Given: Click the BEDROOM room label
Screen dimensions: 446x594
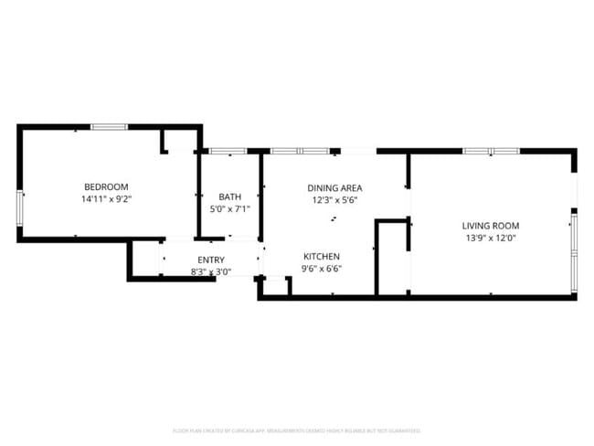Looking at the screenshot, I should [x=105, y=186].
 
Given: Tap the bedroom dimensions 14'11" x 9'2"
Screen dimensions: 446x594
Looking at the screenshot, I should [x=105, y=198].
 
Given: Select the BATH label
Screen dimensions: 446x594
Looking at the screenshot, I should [x=229, y=196].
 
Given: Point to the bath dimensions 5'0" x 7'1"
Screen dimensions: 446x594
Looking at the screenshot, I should [x=229, y=208].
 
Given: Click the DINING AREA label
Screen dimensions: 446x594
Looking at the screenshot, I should [x=334, y=187].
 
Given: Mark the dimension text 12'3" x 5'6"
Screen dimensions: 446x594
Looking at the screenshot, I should [x=334, y=199].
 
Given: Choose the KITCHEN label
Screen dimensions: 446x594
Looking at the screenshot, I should [x=322, y=257].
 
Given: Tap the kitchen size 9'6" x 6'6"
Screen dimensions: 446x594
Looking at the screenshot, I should [x=322, y=269].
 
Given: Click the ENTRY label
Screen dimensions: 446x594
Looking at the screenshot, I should [x=211, y=260].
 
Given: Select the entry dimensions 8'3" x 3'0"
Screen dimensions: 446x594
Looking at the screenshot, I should [x=211, y=271].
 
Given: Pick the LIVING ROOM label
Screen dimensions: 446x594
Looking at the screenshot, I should [x=491, y=226].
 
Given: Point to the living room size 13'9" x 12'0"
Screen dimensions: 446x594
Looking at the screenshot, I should [x=491, y=238].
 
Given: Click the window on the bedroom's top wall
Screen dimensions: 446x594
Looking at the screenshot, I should [x=109, y=126].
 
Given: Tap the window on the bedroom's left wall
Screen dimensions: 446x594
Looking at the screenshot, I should [x=20, y=207].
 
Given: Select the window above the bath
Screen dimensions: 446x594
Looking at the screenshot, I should [x=225, y=151].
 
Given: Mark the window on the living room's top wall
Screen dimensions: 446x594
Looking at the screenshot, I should [x=491, y=151].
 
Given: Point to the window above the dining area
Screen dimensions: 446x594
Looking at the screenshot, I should [x=299, y=151].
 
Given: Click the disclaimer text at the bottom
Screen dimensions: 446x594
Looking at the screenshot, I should [x=297, y=430].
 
